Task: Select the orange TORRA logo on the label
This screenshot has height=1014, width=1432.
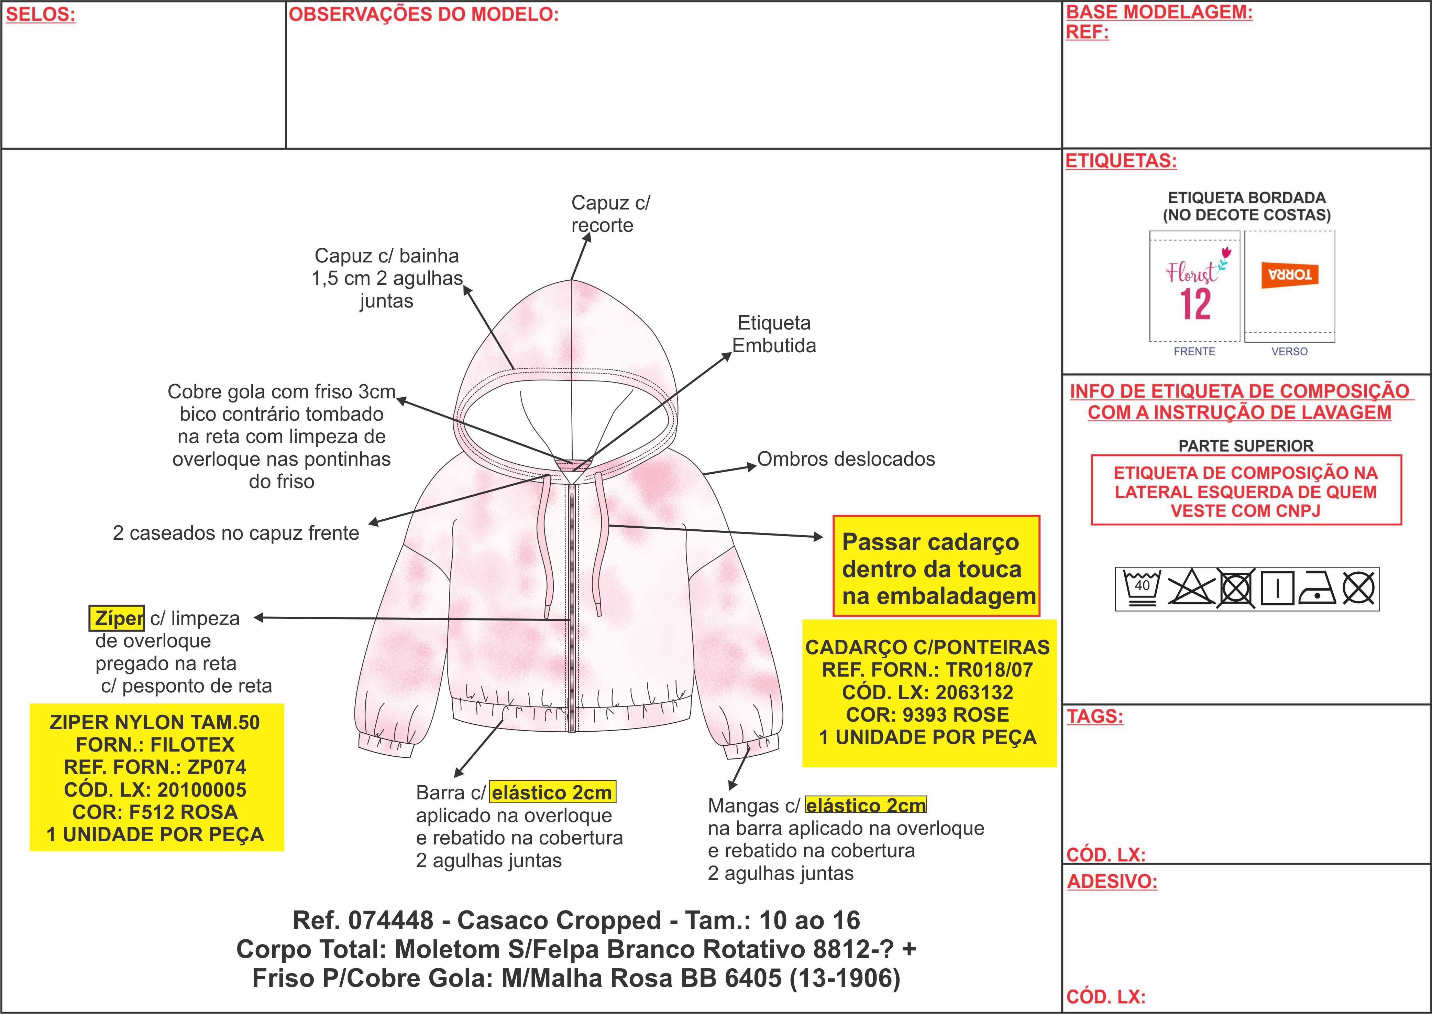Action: click(1289, 275)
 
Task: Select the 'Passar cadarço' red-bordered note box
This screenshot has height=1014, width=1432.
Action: click(936, 566)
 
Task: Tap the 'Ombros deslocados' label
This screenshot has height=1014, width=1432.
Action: click(846, 459)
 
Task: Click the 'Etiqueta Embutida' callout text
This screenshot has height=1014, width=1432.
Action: click(774, 334)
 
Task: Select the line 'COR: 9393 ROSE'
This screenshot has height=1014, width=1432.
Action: click(927, 714)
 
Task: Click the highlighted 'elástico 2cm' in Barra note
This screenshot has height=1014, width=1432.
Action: click(552, 792)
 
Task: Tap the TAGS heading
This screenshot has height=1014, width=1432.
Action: click(1094, 716)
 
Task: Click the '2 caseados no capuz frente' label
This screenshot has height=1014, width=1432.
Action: click(236, 533)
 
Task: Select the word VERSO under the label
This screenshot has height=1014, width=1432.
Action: click(1289, 352)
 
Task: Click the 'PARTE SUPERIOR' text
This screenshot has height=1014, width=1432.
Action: click(1245, 446)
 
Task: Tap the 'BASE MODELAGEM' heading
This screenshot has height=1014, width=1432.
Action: click(1159, 12)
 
